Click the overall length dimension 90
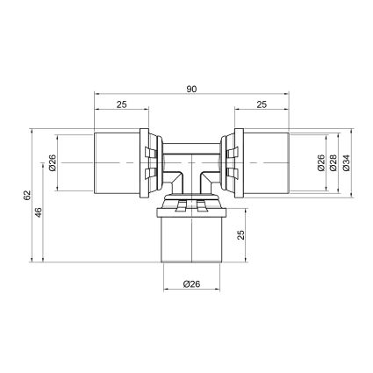(191, 90)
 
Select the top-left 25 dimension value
(122, 104)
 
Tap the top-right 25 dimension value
(262, 104)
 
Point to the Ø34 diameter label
(346, 162)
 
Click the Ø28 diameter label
(334, 162)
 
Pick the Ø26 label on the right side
(321, 162)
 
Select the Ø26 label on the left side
(53, 162)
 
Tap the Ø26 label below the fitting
(191, 284)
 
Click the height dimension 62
(27, 196)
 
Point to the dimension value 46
(39, 212)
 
